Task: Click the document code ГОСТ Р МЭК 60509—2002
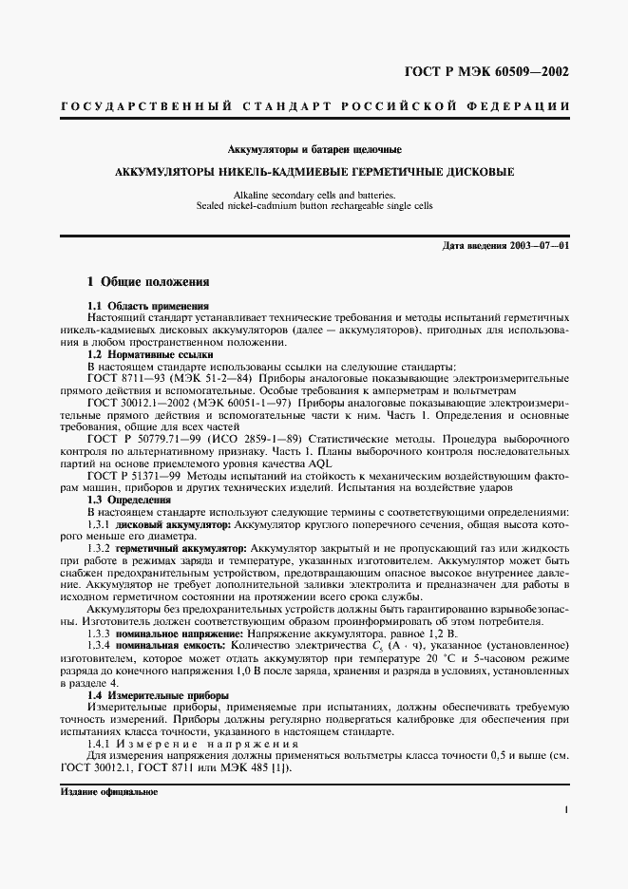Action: pos(488,71)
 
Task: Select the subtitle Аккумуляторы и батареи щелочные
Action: pos(314,150)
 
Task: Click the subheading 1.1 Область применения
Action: pos(147,306)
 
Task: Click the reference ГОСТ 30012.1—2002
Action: pos(143,403)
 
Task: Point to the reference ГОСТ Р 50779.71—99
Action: pos(143,439)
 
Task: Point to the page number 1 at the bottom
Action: pos(566,809)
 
